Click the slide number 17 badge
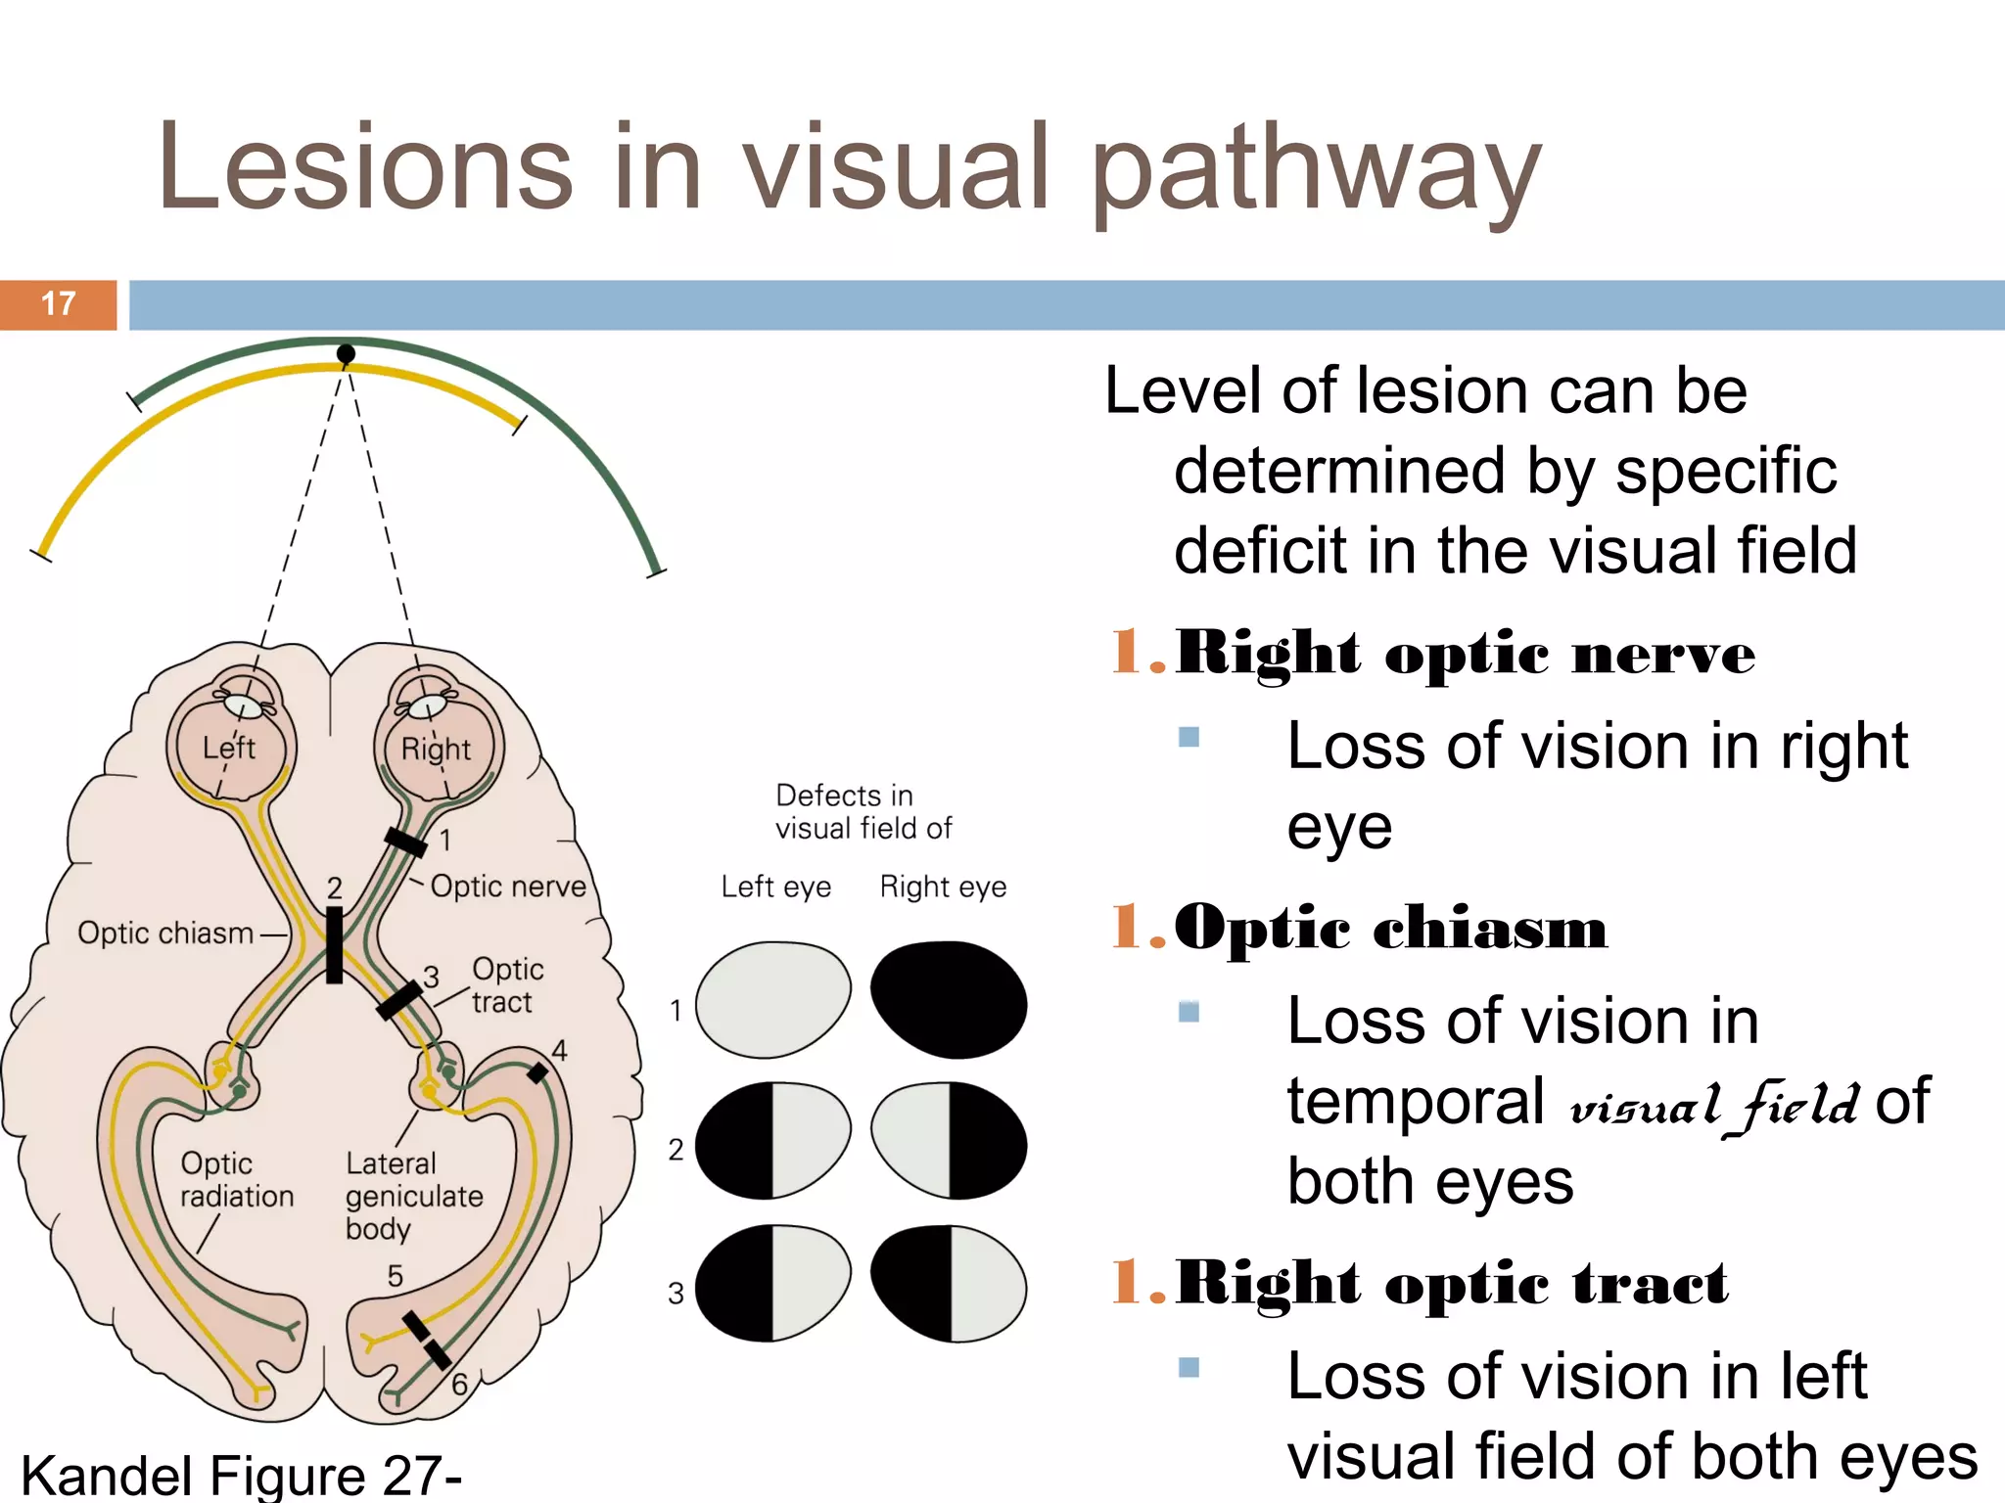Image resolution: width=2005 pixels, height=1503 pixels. coord(59,304)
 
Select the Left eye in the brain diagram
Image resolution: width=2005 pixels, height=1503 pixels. coord(230,746)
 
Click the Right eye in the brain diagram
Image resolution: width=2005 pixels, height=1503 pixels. coord(437,746)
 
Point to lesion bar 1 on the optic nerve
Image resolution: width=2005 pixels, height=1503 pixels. coord(405,842)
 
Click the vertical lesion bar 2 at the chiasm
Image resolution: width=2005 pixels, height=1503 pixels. coord(334,944)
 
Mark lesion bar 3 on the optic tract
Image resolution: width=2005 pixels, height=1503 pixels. coord(398,1001)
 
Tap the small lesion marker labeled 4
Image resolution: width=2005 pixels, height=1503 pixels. coord(537,1072)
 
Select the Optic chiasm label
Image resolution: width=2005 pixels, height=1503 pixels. coord(165,933)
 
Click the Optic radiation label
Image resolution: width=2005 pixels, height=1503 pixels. coord(236,1179)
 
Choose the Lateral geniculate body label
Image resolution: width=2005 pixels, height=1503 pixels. coord(413,1195)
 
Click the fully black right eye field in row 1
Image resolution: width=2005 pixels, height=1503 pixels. coord(948,999)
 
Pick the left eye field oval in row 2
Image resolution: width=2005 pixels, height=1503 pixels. coord(772,1140)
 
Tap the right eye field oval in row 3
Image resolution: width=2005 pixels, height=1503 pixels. coord(948,1283)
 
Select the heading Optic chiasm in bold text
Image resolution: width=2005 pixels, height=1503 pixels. coord(1390,927)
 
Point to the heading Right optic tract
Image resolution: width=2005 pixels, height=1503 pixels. coord(1451,1283)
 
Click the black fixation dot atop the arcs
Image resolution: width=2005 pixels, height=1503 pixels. coord(346,353)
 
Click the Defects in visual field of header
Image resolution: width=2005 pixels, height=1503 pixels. coord(863,811)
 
